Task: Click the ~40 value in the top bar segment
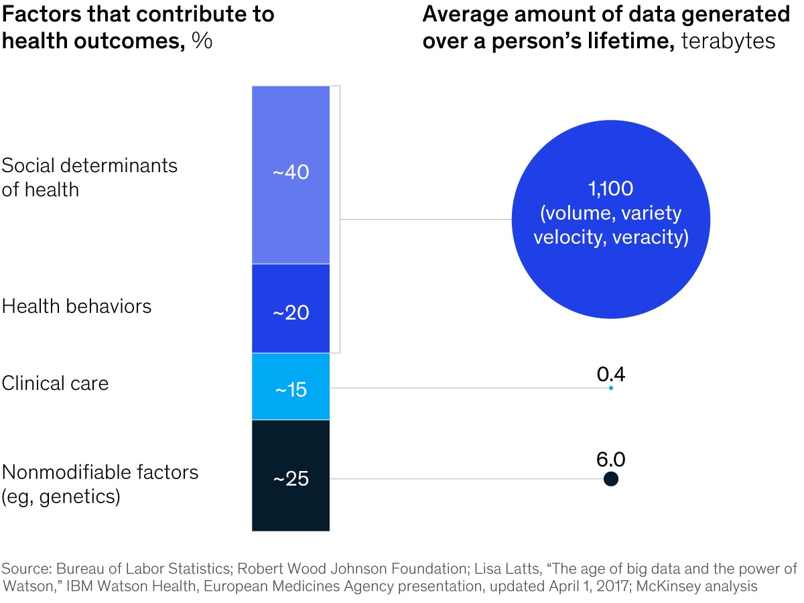(290, 172)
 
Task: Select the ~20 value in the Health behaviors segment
(290, 312)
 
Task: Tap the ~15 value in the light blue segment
(290, 389)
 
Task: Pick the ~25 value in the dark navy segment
(290, 479)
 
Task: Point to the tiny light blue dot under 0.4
(610, 387)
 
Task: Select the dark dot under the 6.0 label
(610, 479)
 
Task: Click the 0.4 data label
(610, 373)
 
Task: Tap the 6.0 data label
(610, 460)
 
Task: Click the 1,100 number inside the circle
(610, 189)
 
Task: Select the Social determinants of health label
(89, 178)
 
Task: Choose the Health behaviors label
(76, 306)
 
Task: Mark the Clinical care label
(55, 383)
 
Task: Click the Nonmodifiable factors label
(100, 472)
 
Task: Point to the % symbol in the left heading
(202, 41)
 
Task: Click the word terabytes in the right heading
(728, 41)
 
